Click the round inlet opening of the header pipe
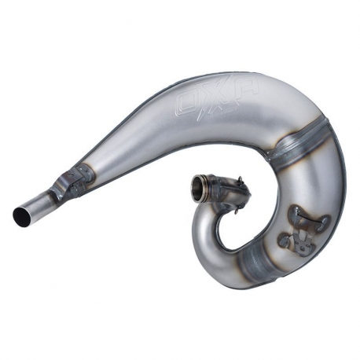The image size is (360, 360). point(198,187)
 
